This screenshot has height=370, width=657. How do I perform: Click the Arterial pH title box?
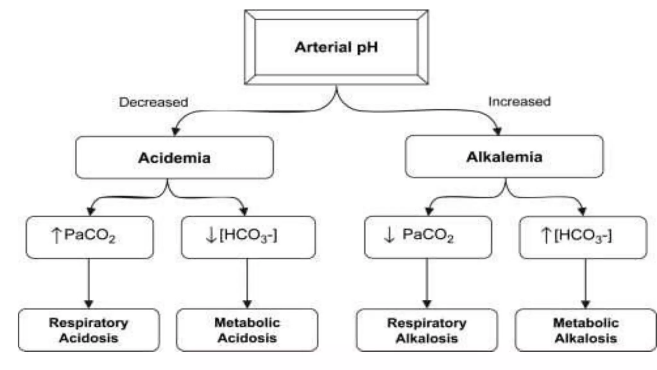(336, 47)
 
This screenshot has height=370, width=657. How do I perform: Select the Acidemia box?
(174, 157)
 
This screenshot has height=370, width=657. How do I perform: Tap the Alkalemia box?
(504, 157)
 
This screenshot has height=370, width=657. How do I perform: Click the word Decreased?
(153, 102)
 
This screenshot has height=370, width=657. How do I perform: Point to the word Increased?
(519, 101)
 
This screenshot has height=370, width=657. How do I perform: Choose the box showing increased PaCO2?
(90, 237)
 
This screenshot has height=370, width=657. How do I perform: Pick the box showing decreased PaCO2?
(428, 237)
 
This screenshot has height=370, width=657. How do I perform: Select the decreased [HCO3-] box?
(248, 237)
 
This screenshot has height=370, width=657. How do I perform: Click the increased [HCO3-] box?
(583, 237)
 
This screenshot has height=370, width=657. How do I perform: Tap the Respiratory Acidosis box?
(89, 330)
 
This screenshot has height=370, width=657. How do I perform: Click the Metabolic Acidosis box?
(247, 330)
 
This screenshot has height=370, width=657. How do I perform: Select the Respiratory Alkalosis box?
(427, 330)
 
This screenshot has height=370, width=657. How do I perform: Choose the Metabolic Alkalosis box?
(585, 330)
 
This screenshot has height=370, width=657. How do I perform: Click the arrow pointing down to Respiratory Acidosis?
(89, 283)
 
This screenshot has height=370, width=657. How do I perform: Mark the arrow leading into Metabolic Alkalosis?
(585, 283)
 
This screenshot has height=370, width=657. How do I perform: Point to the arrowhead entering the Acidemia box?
(175, 131)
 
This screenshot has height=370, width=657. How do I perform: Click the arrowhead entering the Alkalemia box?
(497, 130)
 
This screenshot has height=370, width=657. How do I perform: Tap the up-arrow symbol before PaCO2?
(56, 235)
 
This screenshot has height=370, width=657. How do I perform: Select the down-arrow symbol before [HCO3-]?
(211, 235)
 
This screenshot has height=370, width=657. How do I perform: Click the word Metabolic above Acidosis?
(247, 322)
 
